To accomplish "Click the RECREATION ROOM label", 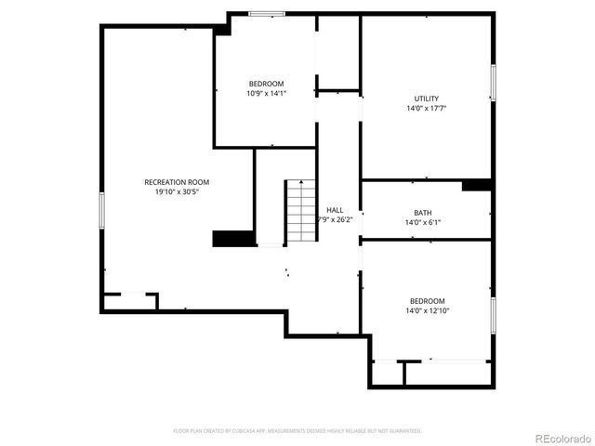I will click(177, 181).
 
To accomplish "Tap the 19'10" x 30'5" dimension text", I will click(177, 192).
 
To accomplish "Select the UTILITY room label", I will click(427, 98).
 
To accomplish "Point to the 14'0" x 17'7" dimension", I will click(427, 109).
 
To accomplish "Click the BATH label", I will click(423, 212).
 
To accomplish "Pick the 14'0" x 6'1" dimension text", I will click(423, 222).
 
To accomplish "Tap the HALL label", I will click(335, 210).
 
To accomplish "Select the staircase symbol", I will click(299, 210).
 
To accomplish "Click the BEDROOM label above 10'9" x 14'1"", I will click(266, 84).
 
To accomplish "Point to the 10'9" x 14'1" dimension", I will click(266, 93).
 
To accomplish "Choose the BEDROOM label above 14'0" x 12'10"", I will click(428, 301).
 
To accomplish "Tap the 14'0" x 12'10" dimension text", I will click(428, 311).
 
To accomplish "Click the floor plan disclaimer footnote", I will click(297, 431).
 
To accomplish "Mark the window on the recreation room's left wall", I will click(101, 209).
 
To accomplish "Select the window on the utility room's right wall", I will click(493, 82).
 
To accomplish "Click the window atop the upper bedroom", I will click(267, 13).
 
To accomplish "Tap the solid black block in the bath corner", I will click(476, 184).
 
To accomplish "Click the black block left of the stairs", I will click(232, 239).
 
